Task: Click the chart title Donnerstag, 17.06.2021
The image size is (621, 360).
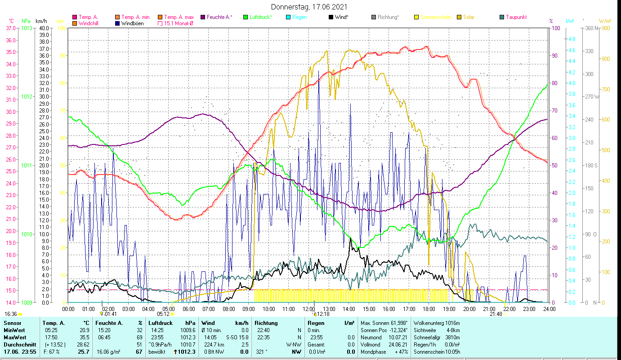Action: tap(309, 7)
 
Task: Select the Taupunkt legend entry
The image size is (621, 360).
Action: tap(516, 17)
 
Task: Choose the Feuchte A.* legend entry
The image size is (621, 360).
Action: tap(219, 17)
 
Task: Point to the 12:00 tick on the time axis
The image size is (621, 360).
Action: tap(308, 309)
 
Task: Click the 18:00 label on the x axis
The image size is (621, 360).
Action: tap(429, 309)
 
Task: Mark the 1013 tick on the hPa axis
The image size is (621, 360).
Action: tap(27, 28)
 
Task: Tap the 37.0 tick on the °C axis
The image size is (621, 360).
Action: tap(11, 28)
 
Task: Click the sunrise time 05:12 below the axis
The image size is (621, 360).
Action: tap(163, 314)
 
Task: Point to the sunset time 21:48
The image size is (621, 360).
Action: tap(496, 314)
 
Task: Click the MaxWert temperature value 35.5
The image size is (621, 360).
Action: tap(84, 337)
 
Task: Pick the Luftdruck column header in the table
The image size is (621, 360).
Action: tap(161, 323)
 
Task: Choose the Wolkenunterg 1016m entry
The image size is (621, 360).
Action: tap(436, 323)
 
